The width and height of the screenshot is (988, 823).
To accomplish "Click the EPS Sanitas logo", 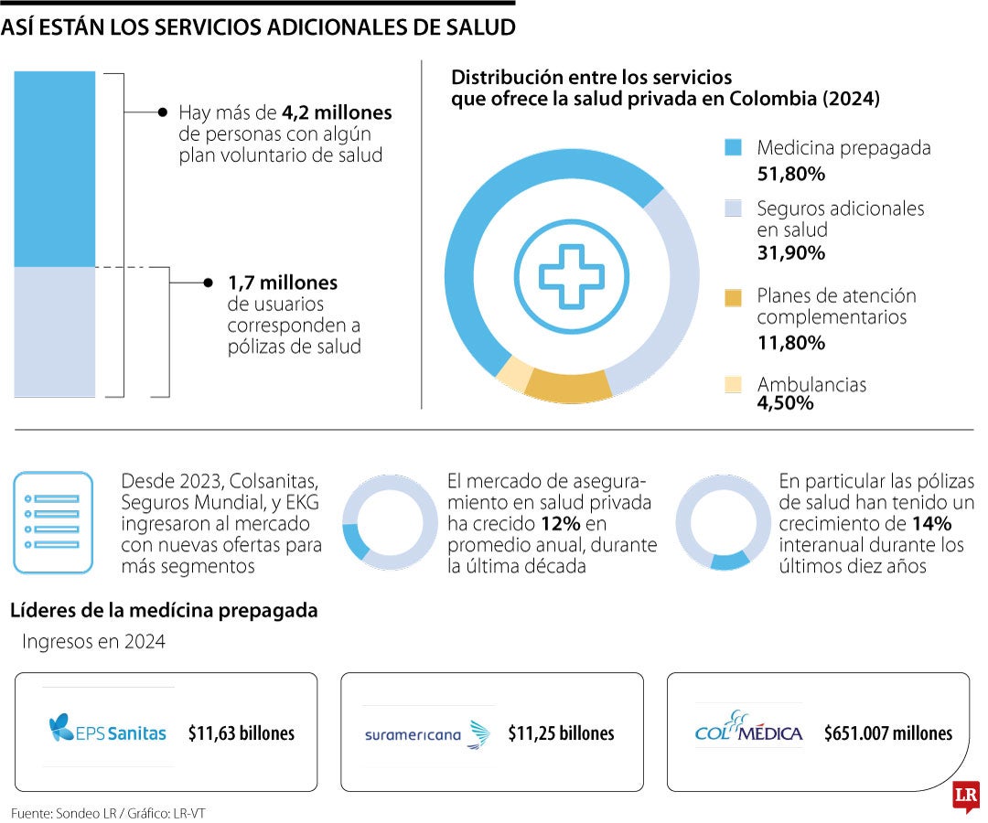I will [x=108, y=732].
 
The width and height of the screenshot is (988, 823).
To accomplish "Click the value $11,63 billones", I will [x=242, y=733].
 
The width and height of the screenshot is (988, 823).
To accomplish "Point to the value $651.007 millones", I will [x=887, y=733].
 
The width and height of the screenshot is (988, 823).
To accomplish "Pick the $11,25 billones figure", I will [x=561, y=733].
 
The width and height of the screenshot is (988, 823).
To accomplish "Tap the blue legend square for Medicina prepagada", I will [x=733, y=148].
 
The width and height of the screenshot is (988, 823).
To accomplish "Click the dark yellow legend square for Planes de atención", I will [x=733, y=297].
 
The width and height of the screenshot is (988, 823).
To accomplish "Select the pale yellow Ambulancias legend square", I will [x=733, y=385].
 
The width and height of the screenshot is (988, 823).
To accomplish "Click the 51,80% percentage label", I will [x=790, y=173].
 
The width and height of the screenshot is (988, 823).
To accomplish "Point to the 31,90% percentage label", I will [x=790, y=252].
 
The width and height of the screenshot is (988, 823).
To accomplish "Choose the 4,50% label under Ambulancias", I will [x=785, y=402].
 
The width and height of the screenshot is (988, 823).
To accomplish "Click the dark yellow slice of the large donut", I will [x=568, y=387].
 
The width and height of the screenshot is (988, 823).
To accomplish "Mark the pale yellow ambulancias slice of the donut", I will [x=513, y=372].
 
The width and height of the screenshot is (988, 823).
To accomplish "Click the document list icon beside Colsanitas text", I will [x=53, y=522].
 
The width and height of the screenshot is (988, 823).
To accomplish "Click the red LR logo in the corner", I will [x=964, y=796].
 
